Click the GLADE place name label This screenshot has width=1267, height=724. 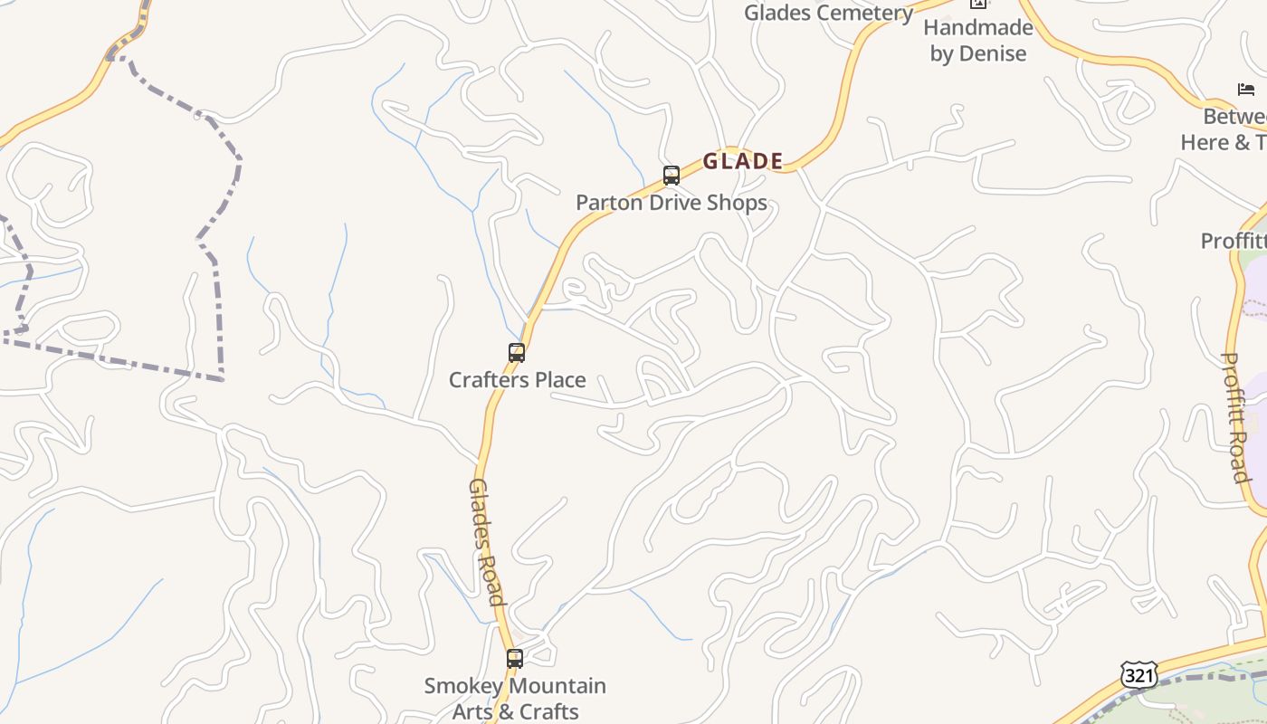[742, 161]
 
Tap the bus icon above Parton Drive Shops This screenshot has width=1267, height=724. [671, 175]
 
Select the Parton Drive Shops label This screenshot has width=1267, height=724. [672, 203]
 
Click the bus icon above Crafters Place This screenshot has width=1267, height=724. [517, 353]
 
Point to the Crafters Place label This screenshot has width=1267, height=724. [517, 380]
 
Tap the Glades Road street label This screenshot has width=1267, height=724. [485, 541]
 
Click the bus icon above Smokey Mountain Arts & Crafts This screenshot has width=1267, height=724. [515, 659]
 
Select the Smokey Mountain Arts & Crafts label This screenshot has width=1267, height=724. [515, 699]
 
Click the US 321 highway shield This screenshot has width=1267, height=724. [1138, 675]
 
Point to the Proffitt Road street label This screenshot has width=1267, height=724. [1234, 416]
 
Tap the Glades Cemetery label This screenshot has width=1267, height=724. [828, 13]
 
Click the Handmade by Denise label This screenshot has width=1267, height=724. [977, 41]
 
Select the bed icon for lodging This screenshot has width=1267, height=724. [1246, 89]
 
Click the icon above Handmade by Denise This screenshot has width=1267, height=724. [977, 4]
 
